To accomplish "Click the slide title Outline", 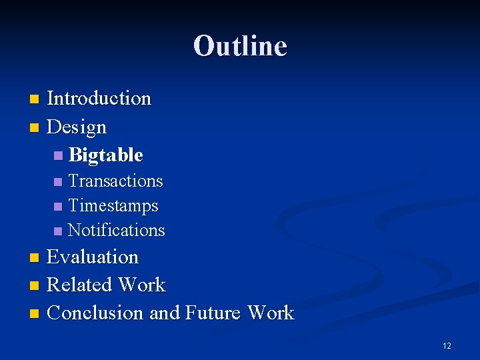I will tap(240, 46).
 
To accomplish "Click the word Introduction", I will tap(99, 99).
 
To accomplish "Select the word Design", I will tap(77, 127).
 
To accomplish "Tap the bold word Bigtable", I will tap(105, 155).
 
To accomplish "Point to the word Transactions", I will tap(115, 181).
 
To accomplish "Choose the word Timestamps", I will tap(113, 206).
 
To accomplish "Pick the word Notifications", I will tap(116, 231).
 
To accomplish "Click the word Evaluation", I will tap(93, 257).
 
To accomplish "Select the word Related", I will tap(79, 285).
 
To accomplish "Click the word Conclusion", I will tap(95, 313).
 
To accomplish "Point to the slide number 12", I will tap(447, 346).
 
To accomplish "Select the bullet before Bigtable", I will tap(59, 156).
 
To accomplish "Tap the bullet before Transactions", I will tap(58, 182).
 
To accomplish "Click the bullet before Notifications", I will tap(58, 231).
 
